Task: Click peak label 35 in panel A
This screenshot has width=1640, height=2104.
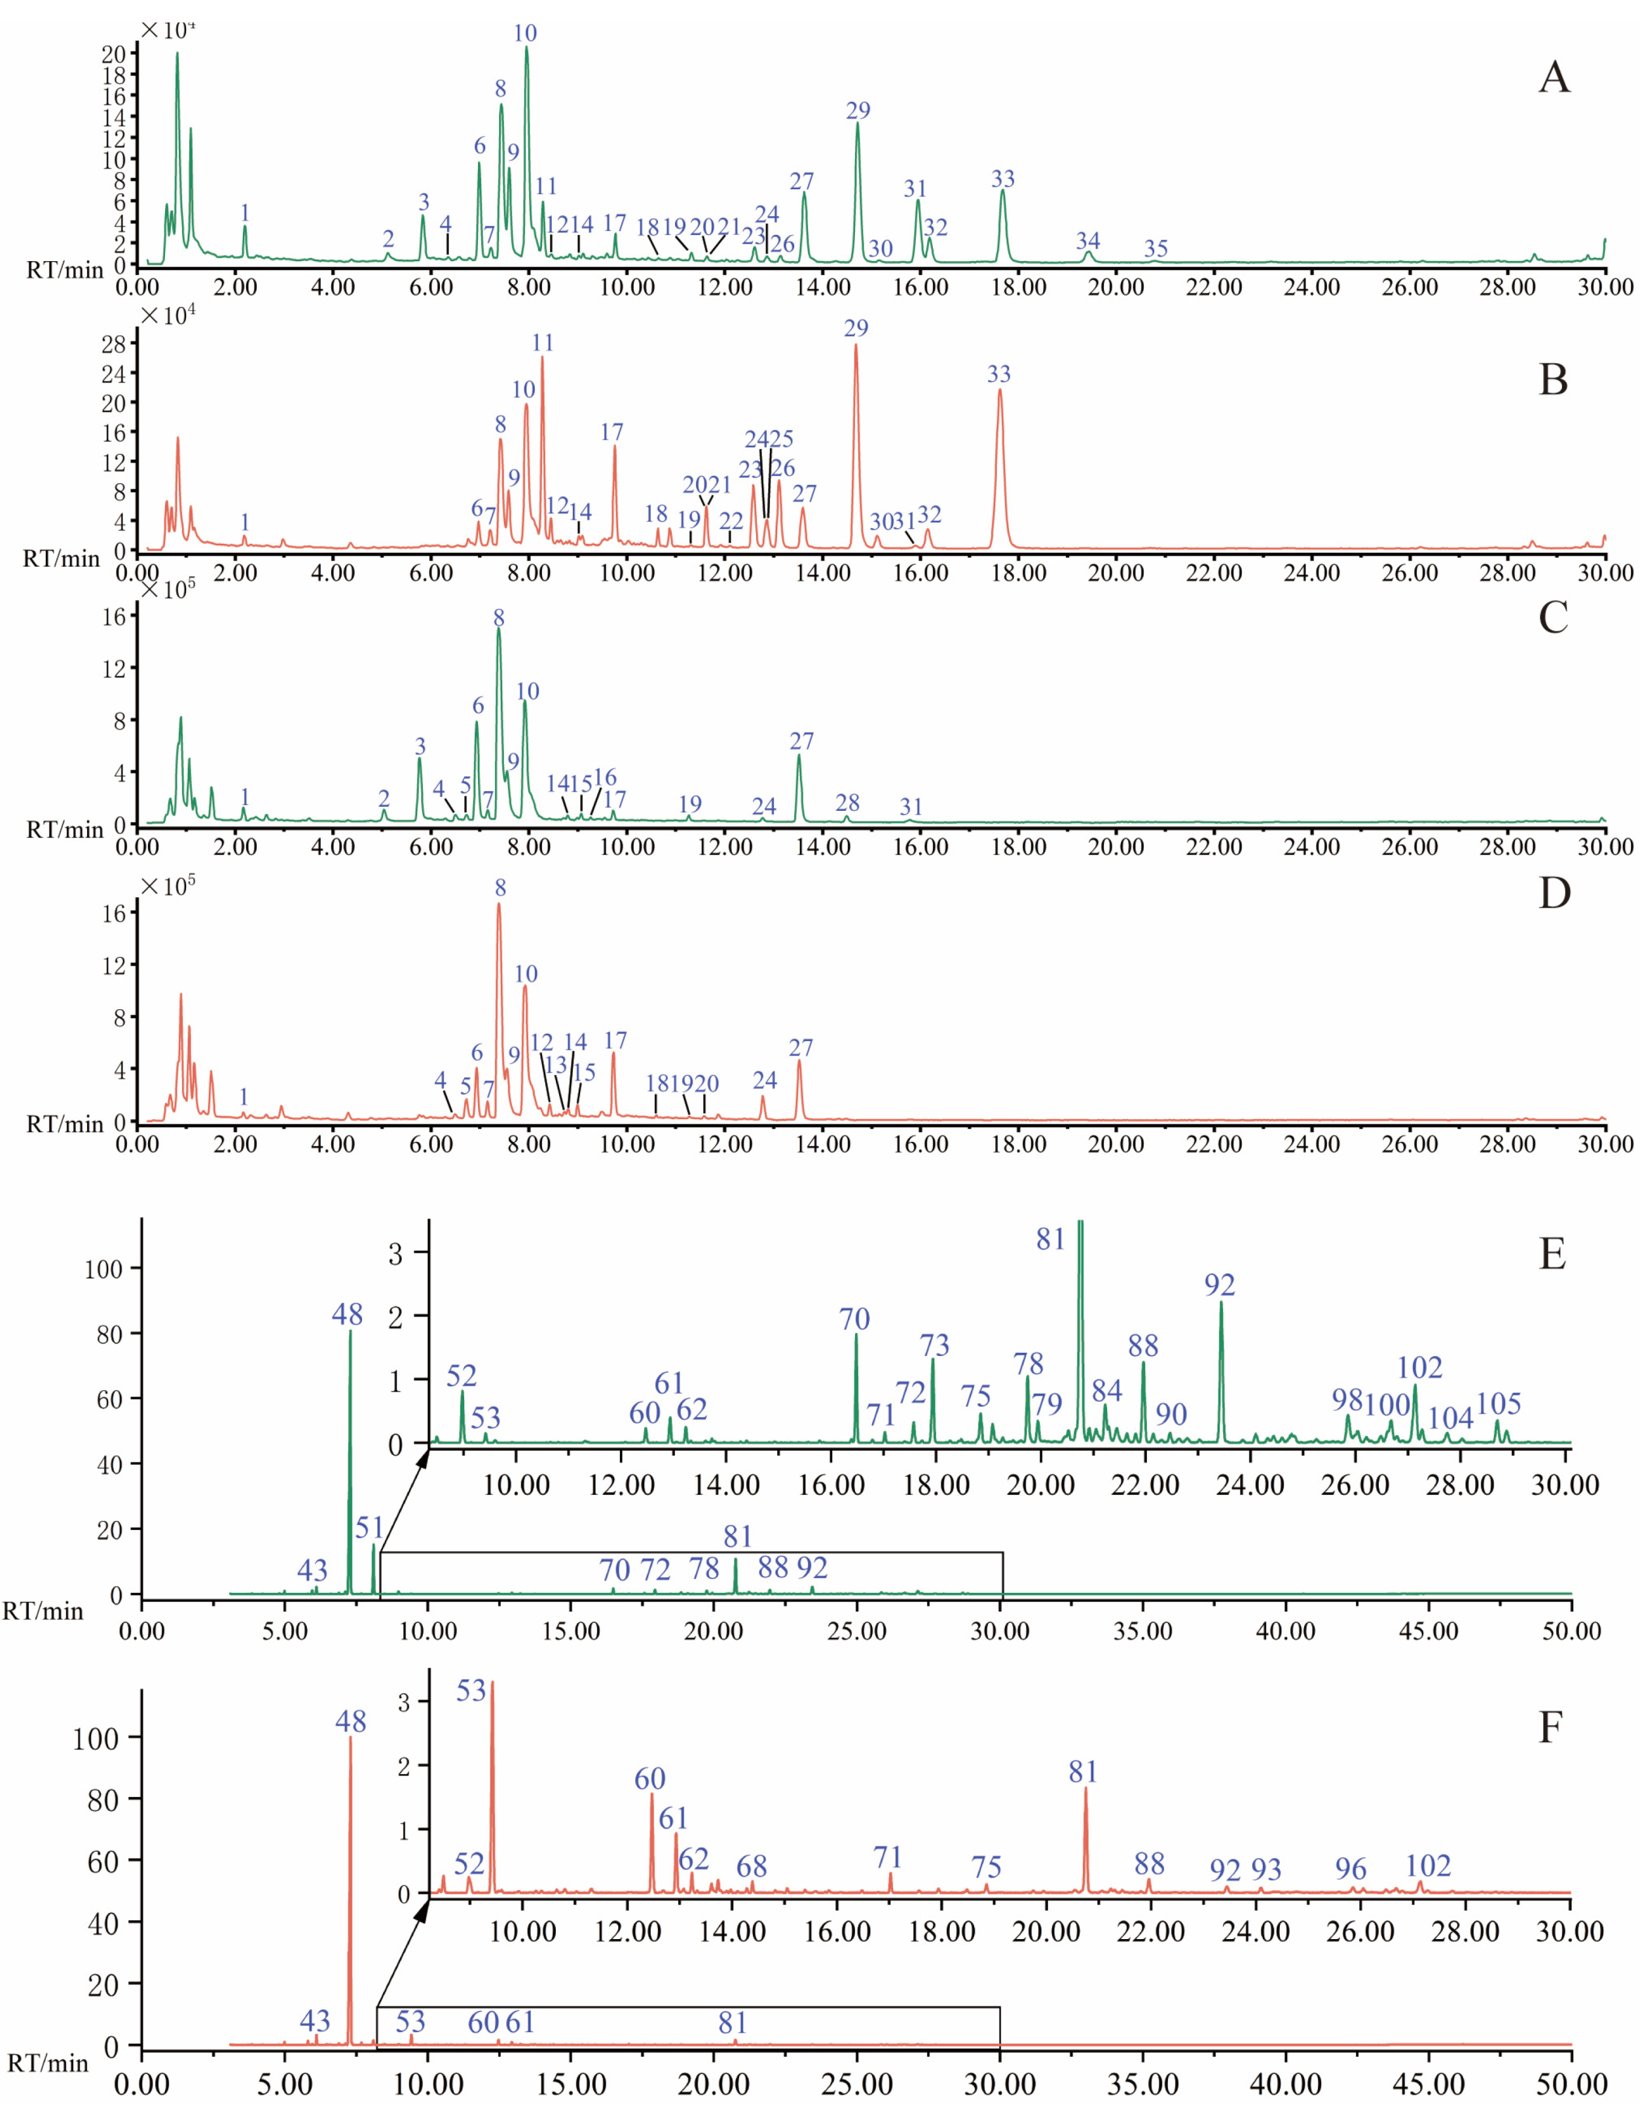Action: pyautogui.click(x=1156, y=249)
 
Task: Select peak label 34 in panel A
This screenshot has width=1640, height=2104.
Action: pyautogui.click(x=1088, y=240)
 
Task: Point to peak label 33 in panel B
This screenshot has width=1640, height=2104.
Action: pyautogui.click(x=998, y=374)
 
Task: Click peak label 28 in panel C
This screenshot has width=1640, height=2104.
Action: pyautogui.click(x=847, y=802)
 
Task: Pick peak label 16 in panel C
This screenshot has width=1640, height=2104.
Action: pyautogui.click(x=604, y=777)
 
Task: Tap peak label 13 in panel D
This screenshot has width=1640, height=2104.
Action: pyautogui.click(x=555, y=1065)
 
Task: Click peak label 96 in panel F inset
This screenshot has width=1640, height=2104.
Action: pyautogui.click(x=1350, y=1869)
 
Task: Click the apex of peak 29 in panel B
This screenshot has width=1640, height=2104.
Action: pyautogui.click(x=856, y=346)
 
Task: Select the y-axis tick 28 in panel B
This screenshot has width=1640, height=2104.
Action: pyautogui.click(x=114, y=345)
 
